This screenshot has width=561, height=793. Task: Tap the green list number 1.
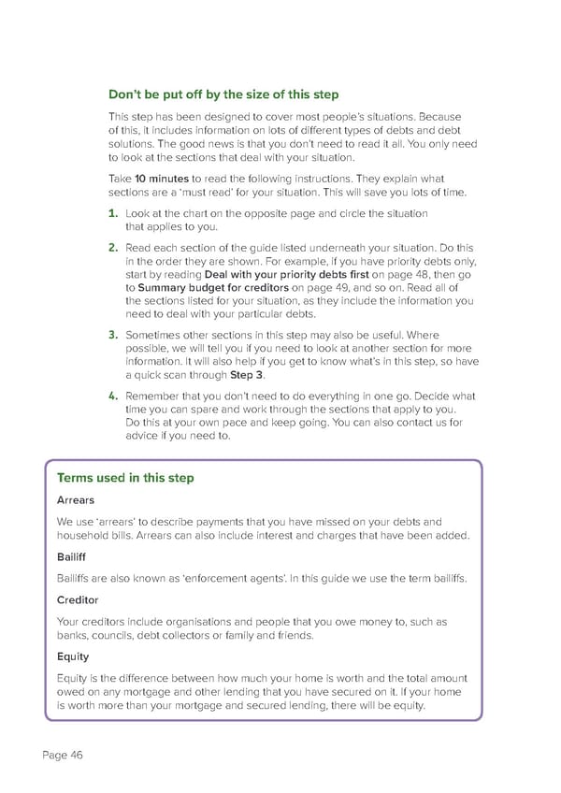111,214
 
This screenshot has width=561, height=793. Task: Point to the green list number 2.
111,248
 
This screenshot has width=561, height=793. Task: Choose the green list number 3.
111,334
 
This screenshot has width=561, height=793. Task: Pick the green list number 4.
111,396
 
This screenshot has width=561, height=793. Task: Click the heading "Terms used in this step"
125,478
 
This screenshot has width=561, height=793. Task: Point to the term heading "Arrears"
76,500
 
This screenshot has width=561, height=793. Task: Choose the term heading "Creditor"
78,599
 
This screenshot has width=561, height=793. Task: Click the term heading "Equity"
72,656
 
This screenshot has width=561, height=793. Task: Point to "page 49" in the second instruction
335,288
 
